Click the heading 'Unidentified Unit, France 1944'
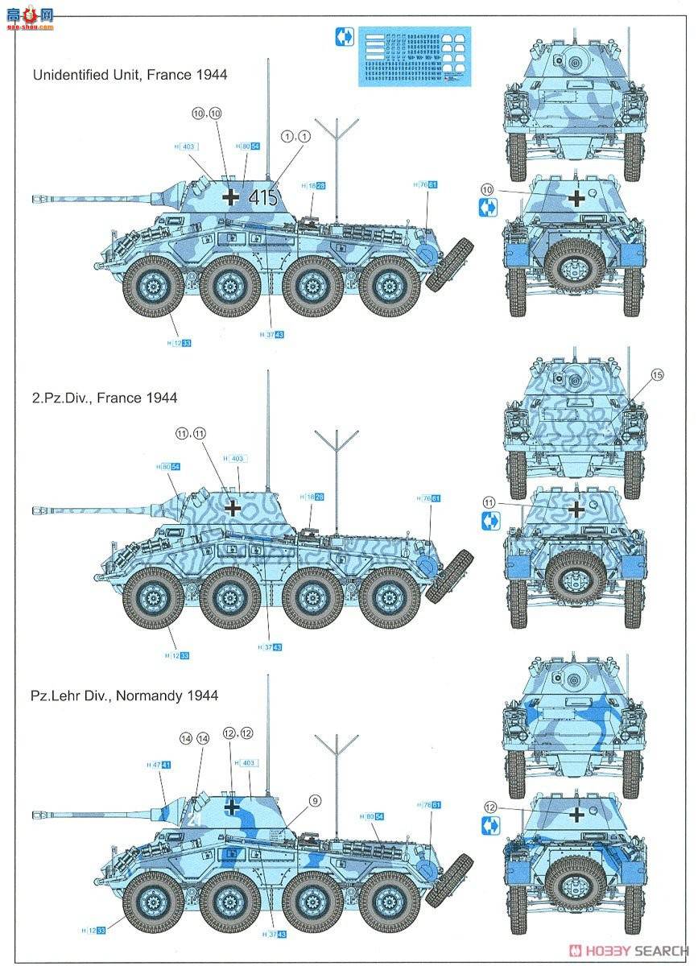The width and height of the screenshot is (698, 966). click(130, 75)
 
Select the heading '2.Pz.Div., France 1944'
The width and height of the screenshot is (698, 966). click(105, 398)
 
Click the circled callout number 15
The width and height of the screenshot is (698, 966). click(656, 375)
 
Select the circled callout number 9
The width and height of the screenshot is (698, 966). click(314, 800)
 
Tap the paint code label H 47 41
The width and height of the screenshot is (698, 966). click(159, 765)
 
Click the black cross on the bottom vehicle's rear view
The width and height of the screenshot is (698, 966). click(576, 815)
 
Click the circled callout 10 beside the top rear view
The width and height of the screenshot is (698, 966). click(486, 189)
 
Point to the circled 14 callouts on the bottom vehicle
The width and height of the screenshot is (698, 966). click(194, 737)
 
